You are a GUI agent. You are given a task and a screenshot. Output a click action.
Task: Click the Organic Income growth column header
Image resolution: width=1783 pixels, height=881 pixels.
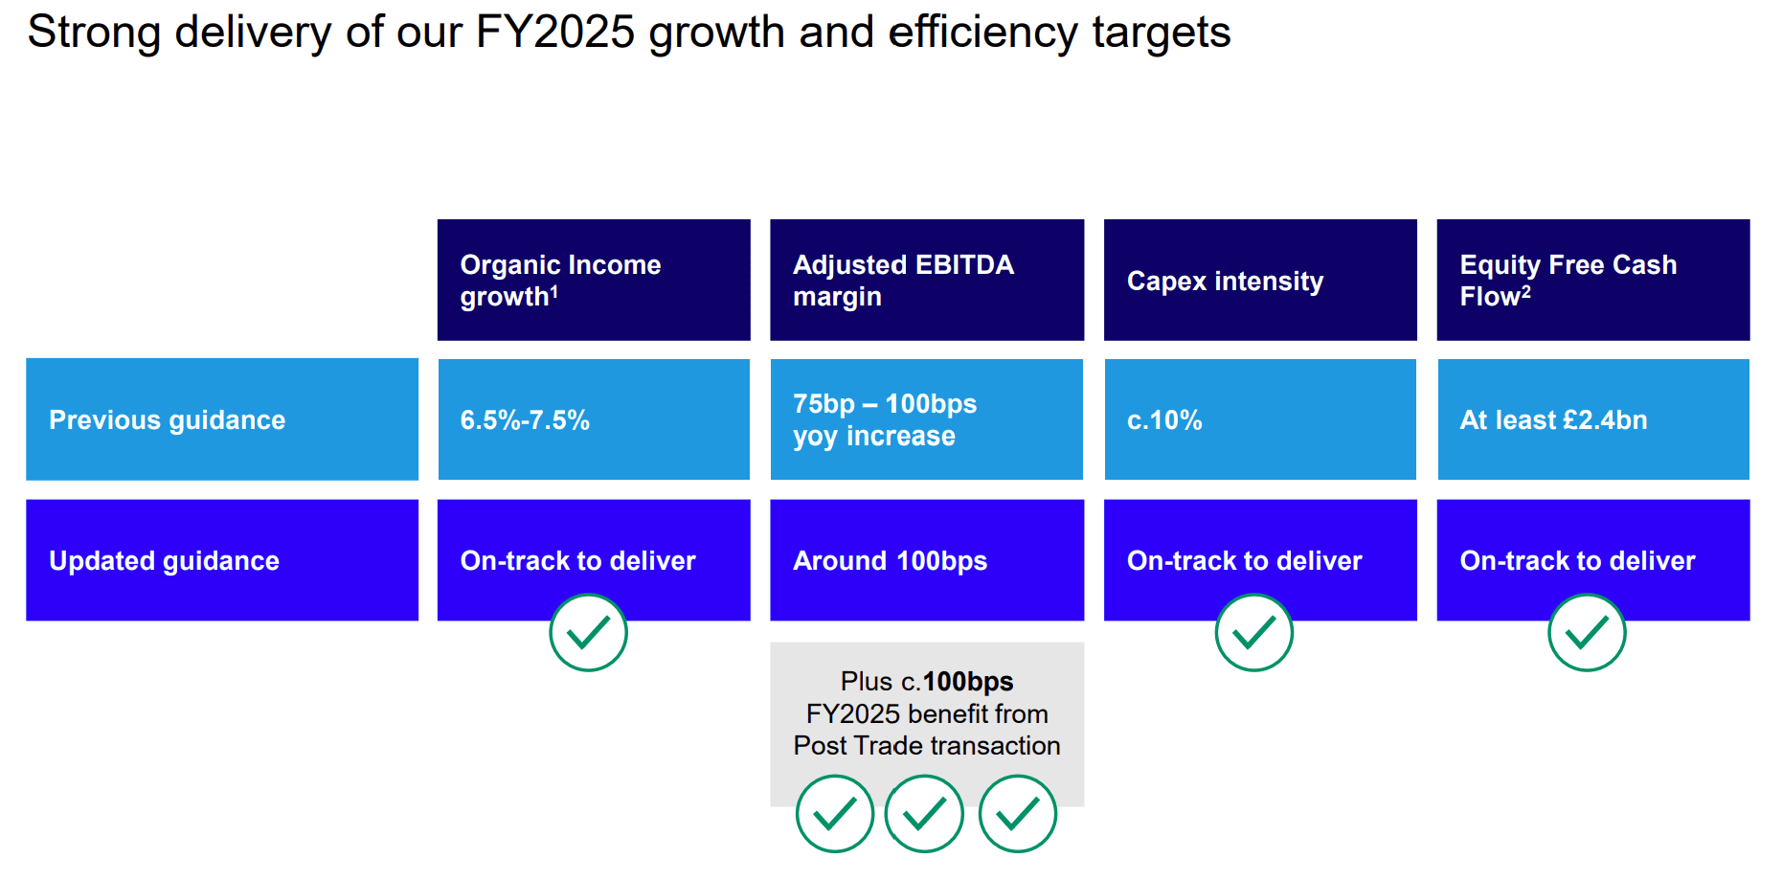(x=594, y=280)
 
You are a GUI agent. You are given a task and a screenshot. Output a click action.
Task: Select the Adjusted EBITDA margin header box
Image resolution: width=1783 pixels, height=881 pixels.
(x=927, y=280)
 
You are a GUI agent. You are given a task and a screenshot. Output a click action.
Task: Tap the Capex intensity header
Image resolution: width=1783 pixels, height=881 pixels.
(x=1260, y=280)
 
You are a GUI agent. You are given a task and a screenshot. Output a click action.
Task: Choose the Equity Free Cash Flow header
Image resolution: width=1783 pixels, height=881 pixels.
(x=1593, y=280)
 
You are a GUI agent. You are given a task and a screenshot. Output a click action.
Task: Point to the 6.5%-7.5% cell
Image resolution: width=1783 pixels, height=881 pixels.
(x=594, y=419)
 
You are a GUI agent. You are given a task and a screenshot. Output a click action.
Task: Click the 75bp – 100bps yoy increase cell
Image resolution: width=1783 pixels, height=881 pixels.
(x=927, y=419)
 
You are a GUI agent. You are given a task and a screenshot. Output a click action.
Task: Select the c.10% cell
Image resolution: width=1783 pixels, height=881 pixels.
(x=1260, y=419)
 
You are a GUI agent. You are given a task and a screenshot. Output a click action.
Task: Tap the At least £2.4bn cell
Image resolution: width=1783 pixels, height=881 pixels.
(x=1593, y=419)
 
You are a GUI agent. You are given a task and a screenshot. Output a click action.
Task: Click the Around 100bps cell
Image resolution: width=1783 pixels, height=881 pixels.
(x=927, y=560)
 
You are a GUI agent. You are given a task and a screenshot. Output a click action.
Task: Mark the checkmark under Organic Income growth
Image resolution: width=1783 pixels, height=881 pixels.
(x=589, y=632)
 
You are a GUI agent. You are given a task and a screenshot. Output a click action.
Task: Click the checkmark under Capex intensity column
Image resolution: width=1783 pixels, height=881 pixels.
(x=1254, y=632)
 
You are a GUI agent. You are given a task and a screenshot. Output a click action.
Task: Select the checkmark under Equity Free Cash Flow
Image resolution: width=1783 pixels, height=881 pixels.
(x=1588, y=632)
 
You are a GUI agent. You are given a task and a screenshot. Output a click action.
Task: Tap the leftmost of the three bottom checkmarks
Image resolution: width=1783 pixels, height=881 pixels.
(x=835, y=814)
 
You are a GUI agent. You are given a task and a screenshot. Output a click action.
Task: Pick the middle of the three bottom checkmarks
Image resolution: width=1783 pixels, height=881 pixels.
(x=924, y=814)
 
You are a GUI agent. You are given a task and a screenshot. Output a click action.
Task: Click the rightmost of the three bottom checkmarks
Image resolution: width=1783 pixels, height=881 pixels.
(x=1018, y=814)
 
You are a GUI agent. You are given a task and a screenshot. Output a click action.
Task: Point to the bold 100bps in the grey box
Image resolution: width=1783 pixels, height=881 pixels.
(x=968, y=682)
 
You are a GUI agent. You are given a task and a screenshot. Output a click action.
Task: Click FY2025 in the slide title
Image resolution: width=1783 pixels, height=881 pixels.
(x=555, y=32)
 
